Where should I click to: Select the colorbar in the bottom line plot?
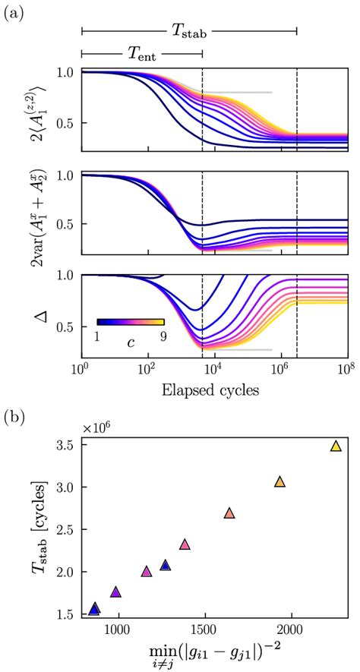(x=131, y=321)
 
